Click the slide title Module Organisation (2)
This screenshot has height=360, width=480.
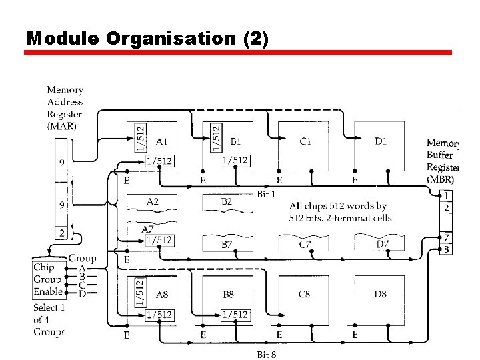(147, 38)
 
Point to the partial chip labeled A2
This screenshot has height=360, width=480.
(152, 201)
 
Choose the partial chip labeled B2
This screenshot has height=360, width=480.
(227, 201)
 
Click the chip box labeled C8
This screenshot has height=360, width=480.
(304, 297)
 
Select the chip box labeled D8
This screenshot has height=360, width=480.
(379, 297)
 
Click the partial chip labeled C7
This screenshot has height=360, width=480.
(304, 243)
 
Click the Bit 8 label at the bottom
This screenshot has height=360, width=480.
(267, 354)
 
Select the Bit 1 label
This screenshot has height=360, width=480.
(267, 193)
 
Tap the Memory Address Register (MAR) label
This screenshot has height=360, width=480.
(65, 107)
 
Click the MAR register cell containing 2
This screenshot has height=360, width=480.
(62, 233)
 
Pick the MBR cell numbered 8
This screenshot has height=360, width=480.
(447, 250)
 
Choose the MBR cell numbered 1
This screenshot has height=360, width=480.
(447, 195)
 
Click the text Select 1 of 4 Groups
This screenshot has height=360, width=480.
(50, 319)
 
